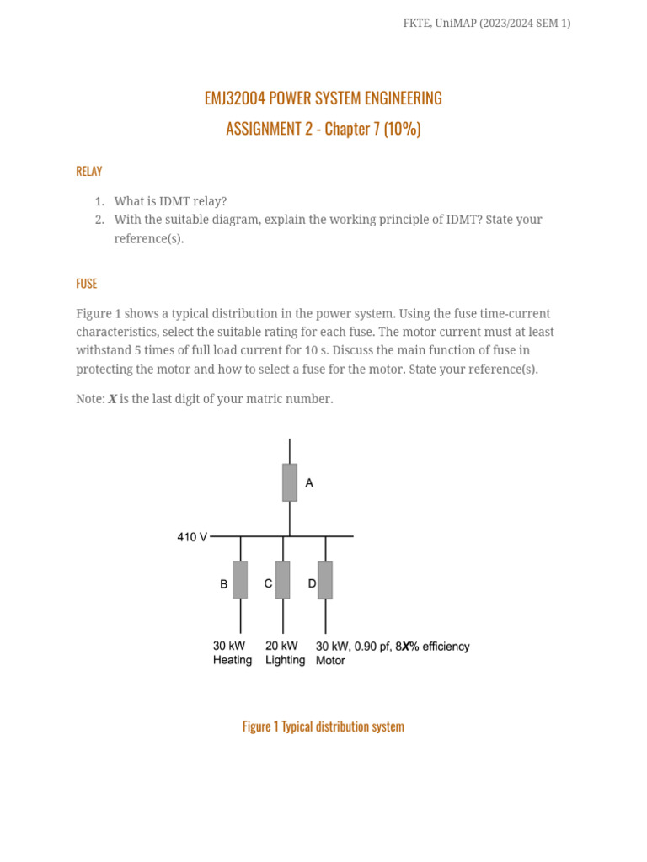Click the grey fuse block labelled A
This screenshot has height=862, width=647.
coord(290,482)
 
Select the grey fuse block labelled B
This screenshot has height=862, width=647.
coord(240,580)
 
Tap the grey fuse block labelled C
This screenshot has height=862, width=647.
coord(283,580)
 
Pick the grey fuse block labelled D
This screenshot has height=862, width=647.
coord(325,580)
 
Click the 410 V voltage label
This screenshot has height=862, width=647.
coord(191,536)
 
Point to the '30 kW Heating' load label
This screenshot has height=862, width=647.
coord(232,653)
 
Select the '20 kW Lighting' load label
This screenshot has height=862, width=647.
coord(285,653)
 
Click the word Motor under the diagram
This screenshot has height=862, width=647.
coord(330,661)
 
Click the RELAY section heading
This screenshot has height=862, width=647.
coord(89,171)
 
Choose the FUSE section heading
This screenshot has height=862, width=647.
coord(87,284)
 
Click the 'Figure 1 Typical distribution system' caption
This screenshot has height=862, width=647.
coord(323,726)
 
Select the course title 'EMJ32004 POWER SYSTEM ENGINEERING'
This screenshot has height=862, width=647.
coord(323,98)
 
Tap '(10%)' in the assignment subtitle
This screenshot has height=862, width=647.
coord(402,129)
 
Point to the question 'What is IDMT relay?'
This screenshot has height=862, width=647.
coord(170,201)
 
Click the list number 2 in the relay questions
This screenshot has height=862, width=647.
coord(99,220)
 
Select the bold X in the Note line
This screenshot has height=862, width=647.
coord(112,399)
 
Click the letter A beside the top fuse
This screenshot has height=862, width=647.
coord(309,483)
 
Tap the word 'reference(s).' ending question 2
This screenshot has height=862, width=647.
coord(148,239)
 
